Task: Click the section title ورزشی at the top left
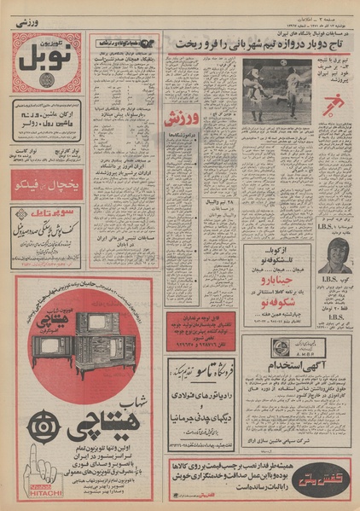(30, 25)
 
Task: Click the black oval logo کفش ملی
(327, 468)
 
